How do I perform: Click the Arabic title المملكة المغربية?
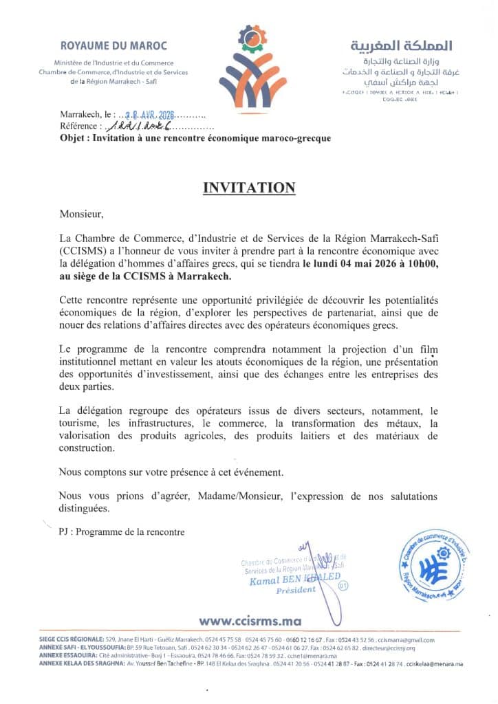(x=402, y=46)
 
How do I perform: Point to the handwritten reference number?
(x=138, y=126)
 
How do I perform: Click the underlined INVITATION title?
(x=249, y=188)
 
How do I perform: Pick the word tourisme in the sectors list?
(x=80, y=423)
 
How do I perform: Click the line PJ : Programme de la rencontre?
(x=122, y=531)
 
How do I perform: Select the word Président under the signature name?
(x=296, y=590)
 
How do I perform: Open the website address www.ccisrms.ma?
(x=250, y=621)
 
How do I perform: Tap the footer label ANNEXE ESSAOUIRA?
(x=66, y=656)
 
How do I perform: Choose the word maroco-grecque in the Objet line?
(x=297, y=138)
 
